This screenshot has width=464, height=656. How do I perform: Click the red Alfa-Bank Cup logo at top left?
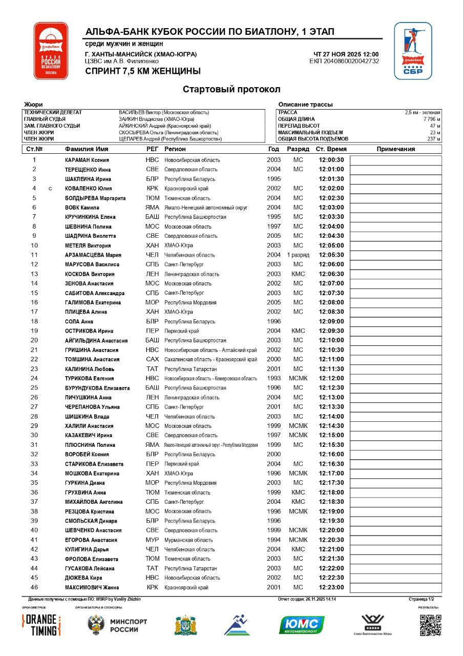pos(51,51)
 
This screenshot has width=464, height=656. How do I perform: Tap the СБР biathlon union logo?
pos(412,51)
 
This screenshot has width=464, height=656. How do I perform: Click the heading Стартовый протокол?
pos(231,90)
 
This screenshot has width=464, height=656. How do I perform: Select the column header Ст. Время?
pos(331,149)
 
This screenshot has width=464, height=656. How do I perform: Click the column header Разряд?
pos(298,149)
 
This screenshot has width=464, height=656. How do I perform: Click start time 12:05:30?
pos(331,255)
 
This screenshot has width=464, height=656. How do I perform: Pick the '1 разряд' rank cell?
pos(298,255)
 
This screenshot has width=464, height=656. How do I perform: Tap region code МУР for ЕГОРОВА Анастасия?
pos(152,540)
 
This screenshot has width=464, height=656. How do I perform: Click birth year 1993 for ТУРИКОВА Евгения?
pos(274,378)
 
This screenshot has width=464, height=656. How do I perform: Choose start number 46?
pos(34,587)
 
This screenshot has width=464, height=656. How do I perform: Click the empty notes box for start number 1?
pos(395,160)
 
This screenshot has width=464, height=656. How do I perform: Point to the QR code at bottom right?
pos(430,625)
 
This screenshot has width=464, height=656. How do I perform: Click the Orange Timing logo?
pos(41,625)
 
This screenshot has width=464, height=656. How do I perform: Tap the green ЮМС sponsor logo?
pos(302,625)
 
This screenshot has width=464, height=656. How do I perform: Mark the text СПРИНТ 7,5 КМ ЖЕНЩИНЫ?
pos(143,71)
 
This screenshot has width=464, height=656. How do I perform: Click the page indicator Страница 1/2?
pos(421,599)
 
